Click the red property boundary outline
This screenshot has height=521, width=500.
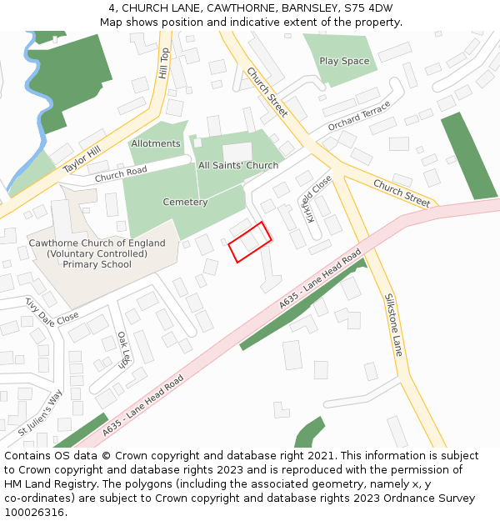(250, 242)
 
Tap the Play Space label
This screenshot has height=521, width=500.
(344, 61)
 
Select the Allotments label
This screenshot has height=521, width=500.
(155, 143)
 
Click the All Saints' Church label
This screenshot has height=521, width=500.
(238, 165)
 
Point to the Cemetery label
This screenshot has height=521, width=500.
(185, 202)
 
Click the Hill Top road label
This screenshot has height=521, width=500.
(164, 63)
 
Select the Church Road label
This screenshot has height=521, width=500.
(120, 175)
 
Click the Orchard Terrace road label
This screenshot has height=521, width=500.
(358, 117)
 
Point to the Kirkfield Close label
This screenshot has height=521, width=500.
(317, 198)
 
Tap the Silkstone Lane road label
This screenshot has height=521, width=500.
(393, 325)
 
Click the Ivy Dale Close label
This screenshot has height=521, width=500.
(52, 310)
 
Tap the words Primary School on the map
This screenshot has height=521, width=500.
(97, 264)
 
